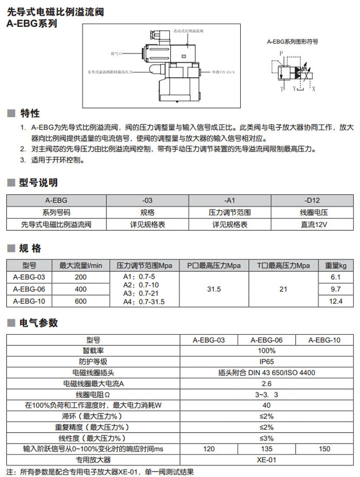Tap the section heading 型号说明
tap(38, 182)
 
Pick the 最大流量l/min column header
tap(81, 265)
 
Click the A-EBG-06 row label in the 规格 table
tap(29, 289)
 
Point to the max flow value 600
tap(81, 302)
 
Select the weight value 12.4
tap(335, 302)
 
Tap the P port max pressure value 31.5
tap(213, 289)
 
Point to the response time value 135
tap(266, 449)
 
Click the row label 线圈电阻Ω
tap(93, 395)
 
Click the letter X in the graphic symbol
tap(314, 88)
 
